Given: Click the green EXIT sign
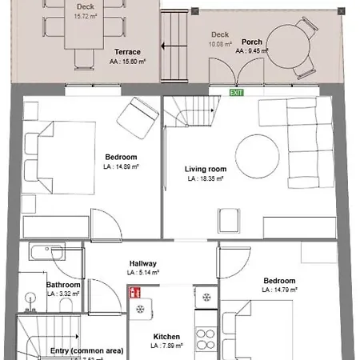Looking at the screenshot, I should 236,93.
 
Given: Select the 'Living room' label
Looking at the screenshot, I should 206,170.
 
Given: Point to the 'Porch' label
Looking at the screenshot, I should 252,42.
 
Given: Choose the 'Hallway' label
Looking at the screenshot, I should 143,263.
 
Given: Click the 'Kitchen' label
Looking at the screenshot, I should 166,337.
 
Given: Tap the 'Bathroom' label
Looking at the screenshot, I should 62,285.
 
